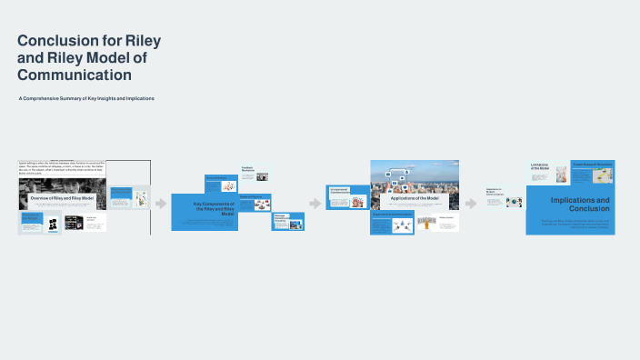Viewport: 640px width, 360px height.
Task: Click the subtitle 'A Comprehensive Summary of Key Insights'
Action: pyautogui.click(x=86, y=98)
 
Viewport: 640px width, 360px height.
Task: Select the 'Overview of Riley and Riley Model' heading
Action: pyautogui.click(x=63, y=197)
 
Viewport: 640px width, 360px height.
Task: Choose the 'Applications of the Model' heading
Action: pyautogui.click(x=414, y=197)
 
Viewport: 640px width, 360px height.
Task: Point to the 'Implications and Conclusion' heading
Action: pyautogui.click(x=580, y=203)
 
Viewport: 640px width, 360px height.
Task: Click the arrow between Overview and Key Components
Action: pyautogui.click(x=161, y=203)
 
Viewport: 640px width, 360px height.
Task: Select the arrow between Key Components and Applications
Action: pyautogui.click(x=315, y=203)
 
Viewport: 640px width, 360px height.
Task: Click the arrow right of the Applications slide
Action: pyautogui.click(x=471, y=203)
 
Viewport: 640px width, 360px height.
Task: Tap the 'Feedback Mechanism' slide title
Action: pyautogui.click(x=247, y=168)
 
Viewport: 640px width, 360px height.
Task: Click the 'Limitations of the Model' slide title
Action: pyautogui.click(x=541, y=166)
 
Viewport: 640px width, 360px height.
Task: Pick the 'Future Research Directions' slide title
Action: pyautogui.click(x=592, y=165)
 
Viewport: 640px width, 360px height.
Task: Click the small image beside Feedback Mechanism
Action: pyautogui.click(x=262, y=176)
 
